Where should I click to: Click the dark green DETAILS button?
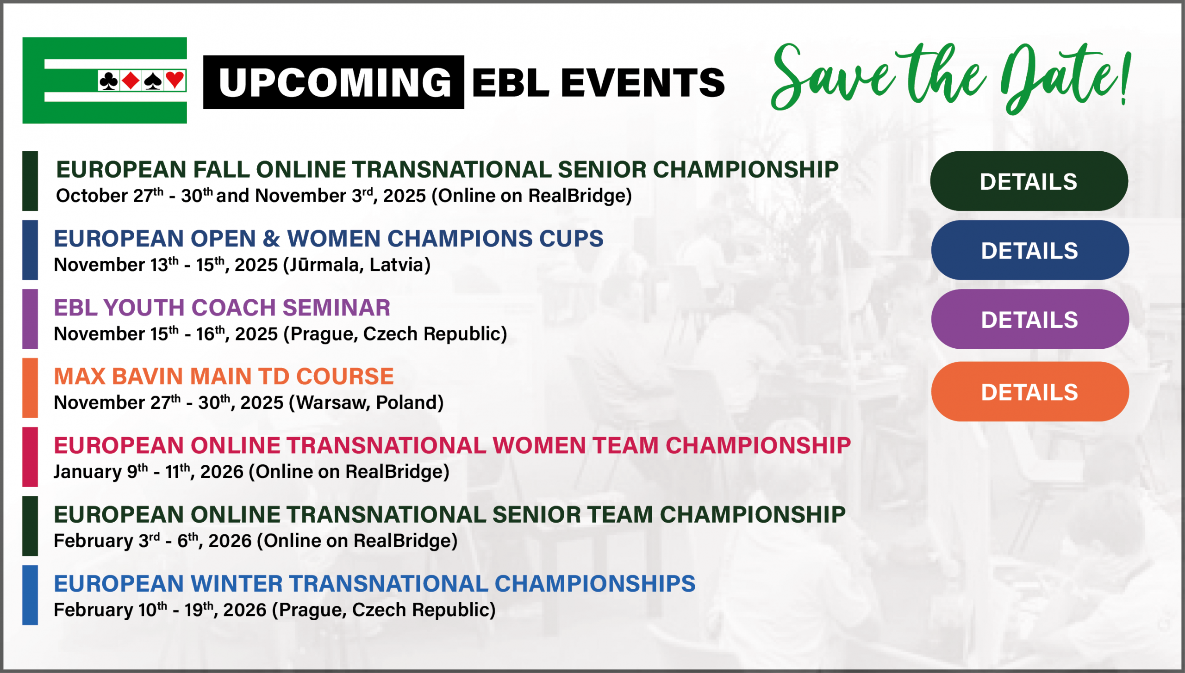click(x=1029, y=181)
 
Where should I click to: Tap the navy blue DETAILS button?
click(x=1029, y=250)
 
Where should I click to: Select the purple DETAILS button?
click(x=1029, y=319)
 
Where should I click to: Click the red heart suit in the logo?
click(x=175, y=80)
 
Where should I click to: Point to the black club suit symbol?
click(x=109, y=80)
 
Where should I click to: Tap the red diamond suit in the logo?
click(x=131, y=80)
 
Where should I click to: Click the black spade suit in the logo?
click(x=153, y=80)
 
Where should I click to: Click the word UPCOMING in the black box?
click(x=334, y=82)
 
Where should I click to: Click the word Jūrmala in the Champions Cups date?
click(x=323, y=265)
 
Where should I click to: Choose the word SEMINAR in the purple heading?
click(x=337, y=308)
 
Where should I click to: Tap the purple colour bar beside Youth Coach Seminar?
click(x=30, y=319)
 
